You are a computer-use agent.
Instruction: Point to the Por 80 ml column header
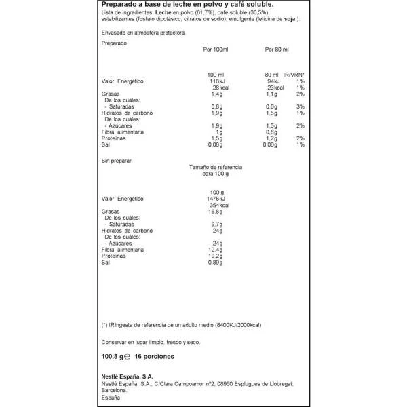coord(275,50)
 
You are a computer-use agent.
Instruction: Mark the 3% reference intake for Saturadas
coord(300,106)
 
